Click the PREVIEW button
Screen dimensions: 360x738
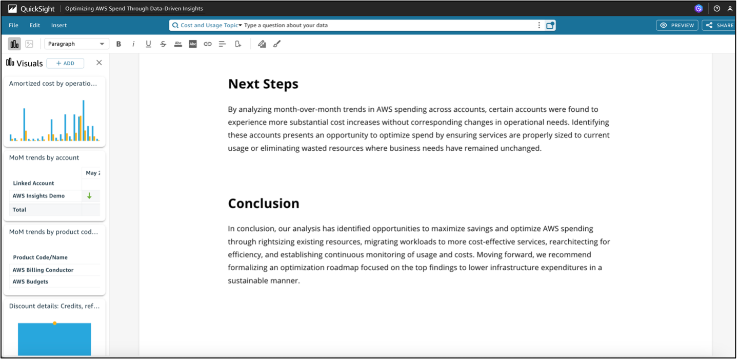pos(677,25)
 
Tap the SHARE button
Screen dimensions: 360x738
pos(720,25)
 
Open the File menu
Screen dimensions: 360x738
pos(13,25)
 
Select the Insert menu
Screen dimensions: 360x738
pos(59,25)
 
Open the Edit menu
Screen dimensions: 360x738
pos(34,25)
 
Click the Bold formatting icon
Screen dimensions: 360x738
pos(118,44)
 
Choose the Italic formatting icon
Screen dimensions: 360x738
pos(133,44)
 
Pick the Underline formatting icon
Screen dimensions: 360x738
pos(148,44)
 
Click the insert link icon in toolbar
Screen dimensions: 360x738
pos(208,44)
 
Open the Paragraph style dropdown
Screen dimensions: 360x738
pos(76,44)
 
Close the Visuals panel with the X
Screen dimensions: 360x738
pos(99,63)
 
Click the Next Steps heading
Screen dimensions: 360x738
pos(263,84)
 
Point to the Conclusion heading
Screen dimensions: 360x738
pos(264,203)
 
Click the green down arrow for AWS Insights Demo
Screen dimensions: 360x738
pos(89,196)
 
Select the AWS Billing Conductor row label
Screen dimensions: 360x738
pos(43,270)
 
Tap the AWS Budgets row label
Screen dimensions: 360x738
pos(30,282)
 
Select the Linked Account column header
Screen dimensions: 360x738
pos(33,183)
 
